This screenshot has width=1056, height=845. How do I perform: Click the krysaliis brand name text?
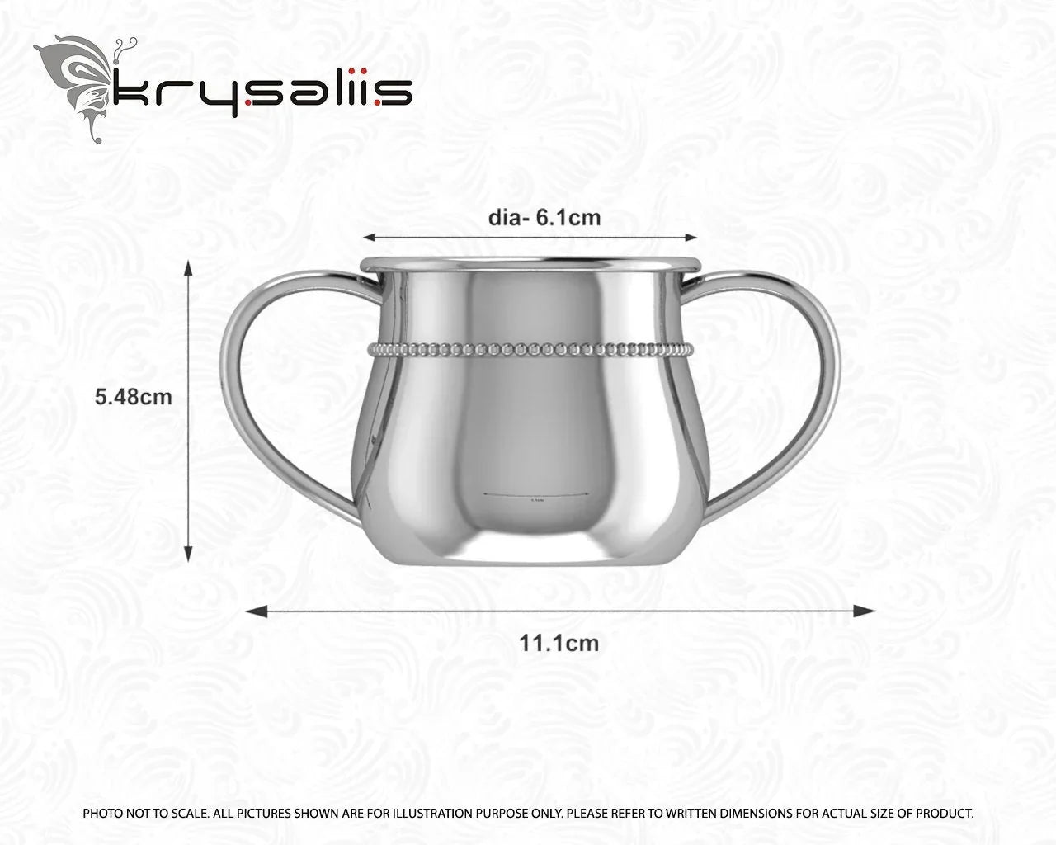262,92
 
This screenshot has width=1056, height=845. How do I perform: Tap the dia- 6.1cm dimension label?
544,218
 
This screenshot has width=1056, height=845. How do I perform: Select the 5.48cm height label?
134,397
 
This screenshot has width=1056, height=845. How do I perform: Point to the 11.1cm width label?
559,642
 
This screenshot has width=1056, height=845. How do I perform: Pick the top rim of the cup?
530,264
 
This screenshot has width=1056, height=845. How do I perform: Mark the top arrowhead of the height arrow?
189,268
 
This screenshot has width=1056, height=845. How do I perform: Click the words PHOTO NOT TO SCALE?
144,814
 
